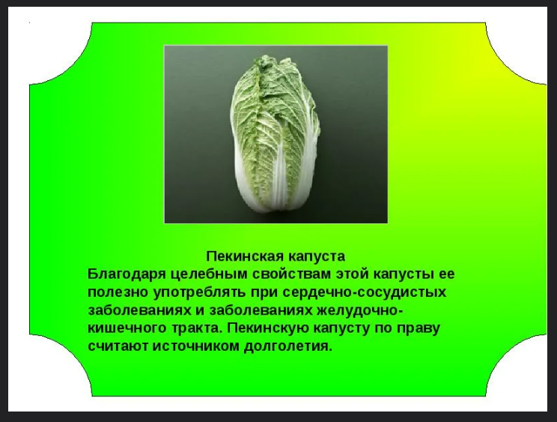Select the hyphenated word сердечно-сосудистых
tap(365, 292)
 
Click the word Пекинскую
tap(268, 328)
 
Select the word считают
tap(118, 346)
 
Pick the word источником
tap(196, 346)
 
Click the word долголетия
tap(287, 346)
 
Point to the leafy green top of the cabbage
tap(273, 89)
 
